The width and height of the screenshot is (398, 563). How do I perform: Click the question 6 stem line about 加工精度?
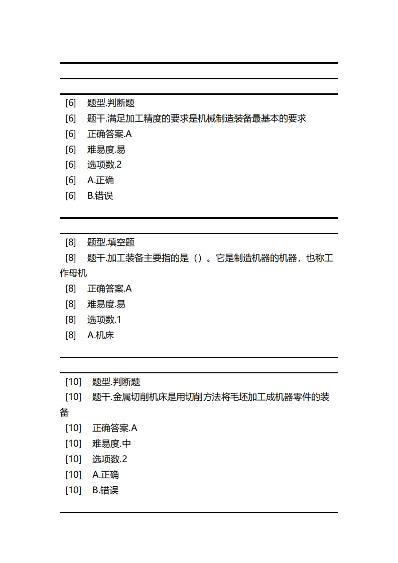click(x=196, y=118)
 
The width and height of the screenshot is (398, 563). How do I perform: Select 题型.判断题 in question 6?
click(x=111, y=103)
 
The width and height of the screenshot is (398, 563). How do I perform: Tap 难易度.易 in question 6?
click(x=106, y=150)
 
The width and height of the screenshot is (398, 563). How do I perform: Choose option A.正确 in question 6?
click(x=100, y=180)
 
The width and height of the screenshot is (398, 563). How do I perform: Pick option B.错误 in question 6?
click(x=100, y=196)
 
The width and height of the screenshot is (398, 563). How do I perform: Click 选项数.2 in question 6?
click(x=104, y=165)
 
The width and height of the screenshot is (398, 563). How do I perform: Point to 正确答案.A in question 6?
click(x=109, y=134)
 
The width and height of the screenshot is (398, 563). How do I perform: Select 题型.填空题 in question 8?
click(x=111, y=242)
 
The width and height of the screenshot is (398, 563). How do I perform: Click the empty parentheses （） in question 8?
click(x=197, y=258)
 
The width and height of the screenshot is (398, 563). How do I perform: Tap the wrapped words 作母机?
click(x=73, y=273)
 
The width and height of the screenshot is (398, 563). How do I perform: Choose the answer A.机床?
click(x=100, y=335)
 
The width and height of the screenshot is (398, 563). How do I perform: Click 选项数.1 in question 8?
click(x=104, y=320)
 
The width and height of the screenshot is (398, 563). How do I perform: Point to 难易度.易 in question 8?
click(x=106, y=304)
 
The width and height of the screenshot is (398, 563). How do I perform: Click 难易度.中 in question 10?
click(x=111, y=444)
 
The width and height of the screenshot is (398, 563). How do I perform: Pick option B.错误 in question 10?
click(x=105, y=490)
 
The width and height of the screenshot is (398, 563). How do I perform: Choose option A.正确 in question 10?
click(x=105, y=475)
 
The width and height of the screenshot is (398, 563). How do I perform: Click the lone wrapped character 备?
click(x=64, y=413)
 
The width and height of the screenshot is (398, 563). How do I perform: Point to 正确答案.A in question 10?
click(x=114, y=428)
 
